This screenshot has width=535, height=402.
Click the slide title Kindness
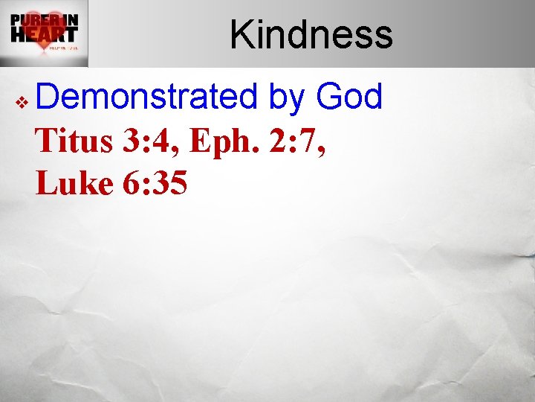click(311, 34)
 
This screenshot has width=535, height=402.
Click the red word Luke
click(74, 184)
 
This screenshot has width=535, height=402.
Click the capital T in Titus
click(47, 141)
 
